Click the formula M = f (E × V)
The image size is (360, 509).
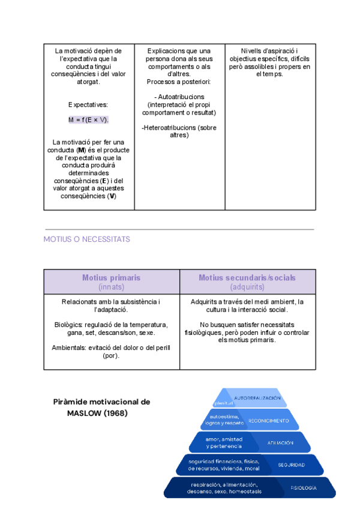click(89, 120)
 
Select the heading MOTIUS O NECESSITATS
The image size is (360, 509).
click(86, 239)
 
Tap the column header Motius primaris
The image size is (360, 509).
click(112, 278)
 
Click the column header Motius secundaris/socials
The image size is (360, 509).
click(247, 278)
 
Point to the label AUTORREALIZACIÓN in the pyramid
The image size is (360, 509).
click(257, 399)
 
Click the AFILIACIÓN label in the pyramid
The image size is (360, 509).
click(280, 443)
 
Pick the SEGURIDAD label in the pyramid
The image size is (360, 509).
click(291, 465)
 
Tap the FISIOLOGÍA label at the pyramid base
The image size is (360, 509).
click(303, 488)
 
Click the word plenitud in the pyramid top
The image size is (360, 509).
click(223, 403)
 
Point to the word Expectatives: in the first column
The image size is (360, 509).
click(88, 104)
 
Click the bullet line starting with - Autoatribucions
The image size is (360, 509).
click(179, 97)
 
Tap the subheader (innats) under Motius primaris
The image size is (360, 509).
click(112, 287)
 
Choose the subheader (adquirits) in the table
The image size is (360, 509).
click(247, 287)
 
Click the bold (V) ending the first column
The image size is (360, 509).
click(112, 196)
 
